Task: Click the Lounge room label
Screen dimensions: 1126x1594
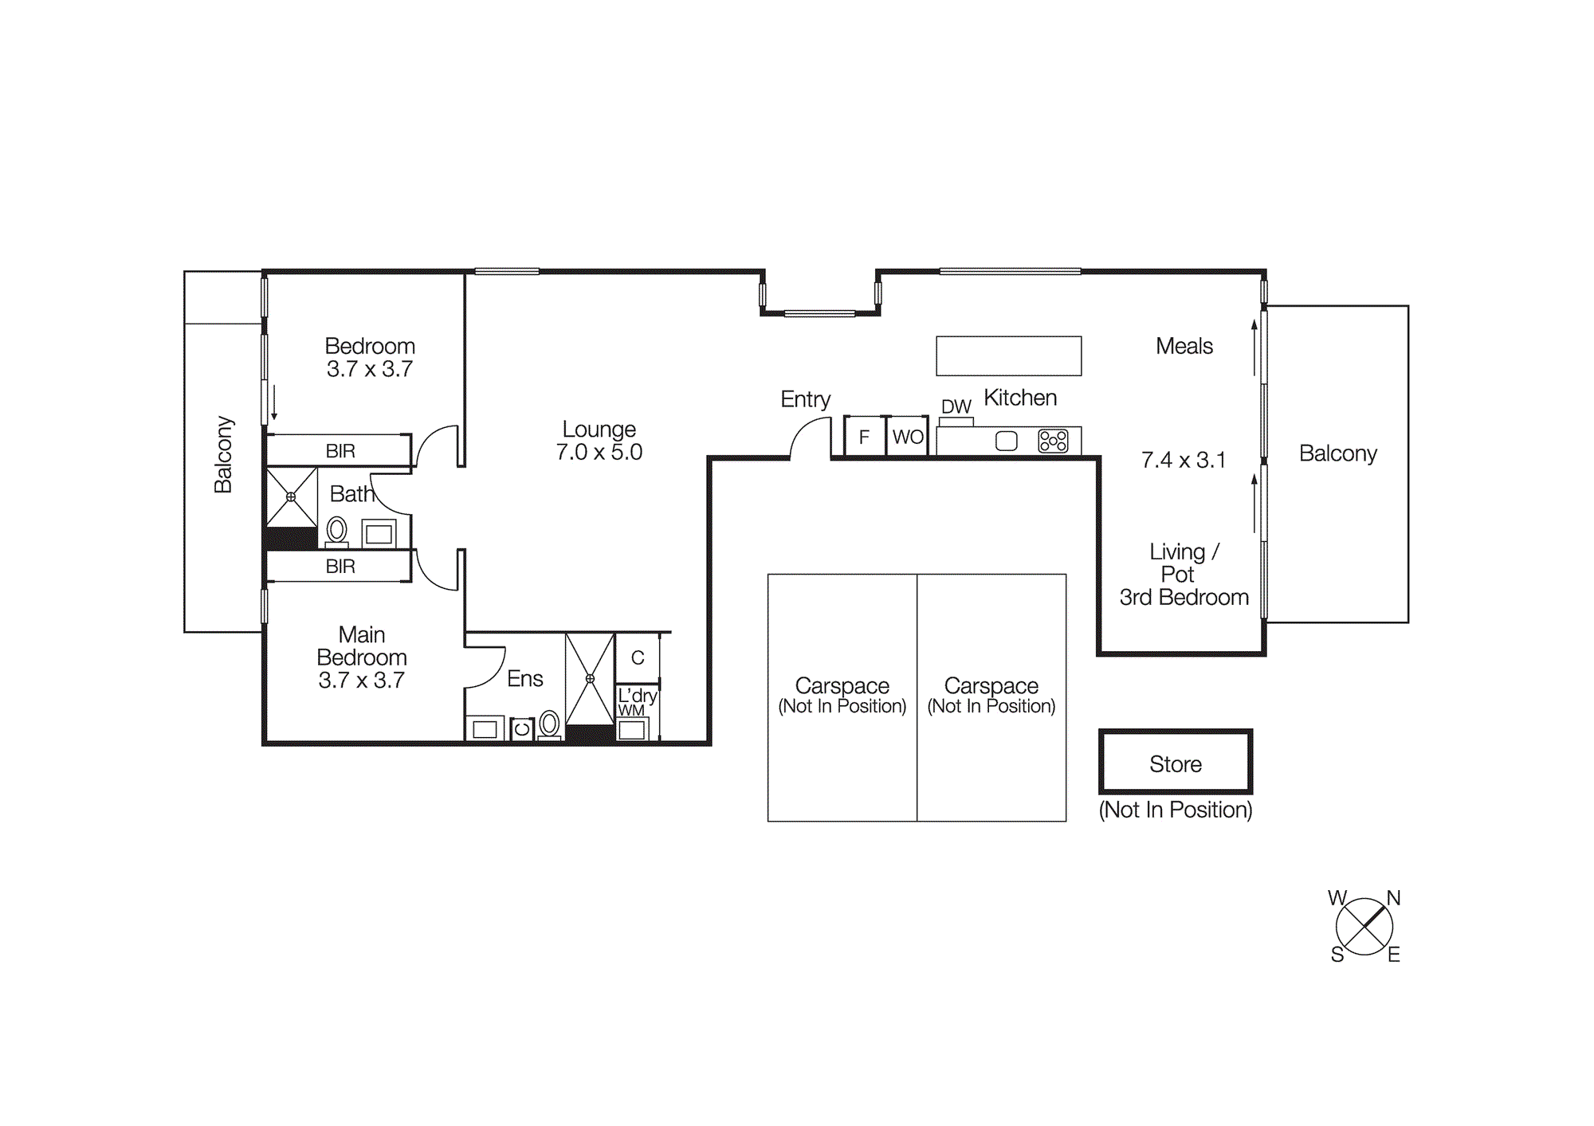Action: click(x=599, y=429)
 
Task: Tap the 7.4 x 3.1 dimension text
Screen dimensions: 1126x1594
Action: click(x=1183, y=460)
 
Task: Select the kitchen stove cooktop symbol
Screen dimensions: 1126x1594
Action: click(x=1053, y=441)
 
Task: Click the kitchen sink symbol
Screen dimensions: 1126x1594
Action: click(x=1007, y=441)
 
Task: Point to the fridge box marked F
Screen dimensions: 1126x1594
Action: click(x=864, y=437)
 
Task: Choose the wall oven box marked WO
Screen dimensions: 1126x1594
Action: click(x=908, y=437)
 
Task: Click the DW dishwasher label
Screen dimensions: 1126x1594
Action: click(x=956, y=406)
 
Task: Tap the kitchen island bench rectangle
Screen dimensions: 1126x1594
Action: click(x=1008, y=355)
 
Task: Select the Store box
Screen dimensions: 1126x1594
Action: click(x=1176, y=763)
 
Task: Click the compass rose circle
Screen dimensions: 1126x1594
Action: click(x=1364, y=927)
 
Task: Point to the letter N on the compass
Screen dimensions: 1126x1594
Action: click(x=1393, y=898)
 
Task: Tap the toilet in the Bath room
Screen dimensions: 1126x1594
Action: click(x=336, y=530)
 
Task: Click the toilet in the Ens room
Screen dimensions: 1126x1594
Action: click(x=549, y=724)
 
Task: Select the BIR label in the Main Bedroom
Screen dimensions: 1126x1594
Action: click(x=340, y=567)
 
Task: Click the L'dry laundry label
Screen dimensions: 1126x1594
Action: click(x=637, y=695)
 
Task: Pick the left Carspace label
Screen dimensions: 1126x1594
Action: click(x=842, y=685)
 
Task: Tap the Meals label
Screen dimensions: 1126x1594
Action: click(x=1184, y=346)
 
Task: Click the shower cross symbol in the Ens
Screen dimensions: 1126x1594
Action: click(x=590, y=679)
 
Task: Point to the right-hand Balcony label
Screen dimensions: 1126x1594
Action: click(x=1337, y=453)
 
